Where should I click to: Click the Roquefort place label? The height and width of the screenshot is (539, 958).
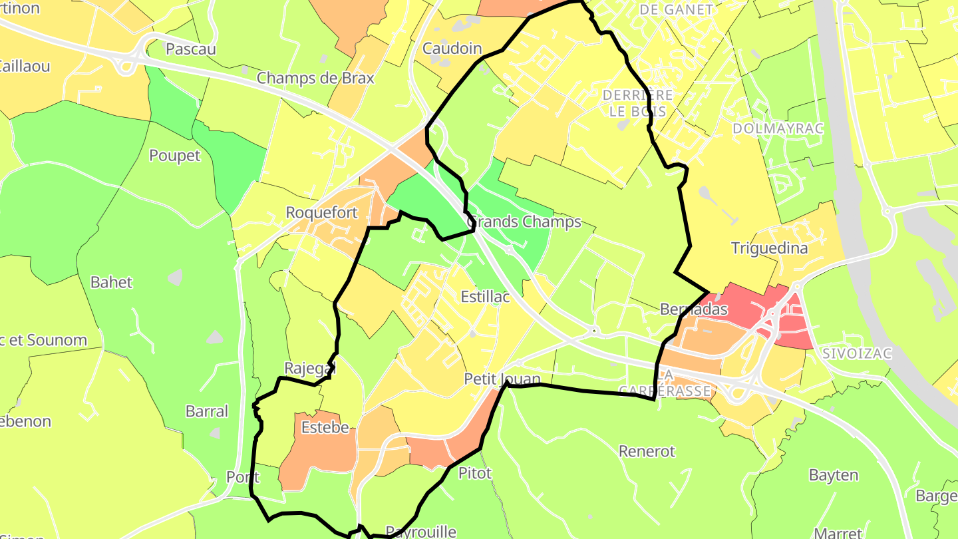tap(321, 213)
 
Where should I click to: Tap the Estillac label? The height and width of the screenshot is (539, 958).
tap(485, 297)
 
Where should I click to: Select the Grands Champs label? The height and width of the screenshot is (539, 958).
tap(524, 222)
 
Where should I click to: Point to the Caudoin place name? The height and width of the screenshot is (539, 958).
tap(452, 49)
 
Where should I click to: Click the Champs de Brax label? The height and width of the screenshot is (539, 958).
tap(315, 78)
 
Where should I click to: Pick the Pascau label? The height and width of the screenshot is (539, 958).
tap(191, 49)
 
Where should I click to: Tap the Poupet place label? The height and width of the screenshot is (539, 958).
tap(174, 156)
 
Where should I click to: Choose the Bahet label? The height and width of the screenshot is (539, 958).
tap(111, 282)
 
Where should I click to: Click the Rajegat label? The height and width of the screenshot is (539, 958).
tap(310, 368)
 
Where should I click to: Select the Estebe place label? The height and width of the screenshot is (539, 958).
tap(325, 427)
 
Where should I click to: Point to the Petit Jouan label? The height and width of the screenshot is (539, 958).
tap(502, 379)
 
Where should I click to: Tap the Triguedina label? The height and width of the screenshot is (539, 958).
tap(769, 249)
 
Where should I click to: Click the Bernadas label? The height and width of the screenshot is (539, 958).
tap(694, 309)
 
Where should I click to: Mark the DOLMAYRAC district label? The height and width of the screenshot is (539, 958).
tap(778, 128)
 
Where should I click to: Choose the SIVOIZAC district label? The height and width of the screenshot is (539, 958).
tap(856, 353)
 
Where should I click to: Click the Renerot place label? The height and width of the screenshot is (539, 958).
tap(647, 451)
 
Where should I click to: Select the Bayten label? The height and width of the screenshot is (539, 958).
tap(834, 475)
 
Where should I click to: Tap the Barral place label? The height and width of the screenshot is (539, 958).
tap(207, 411)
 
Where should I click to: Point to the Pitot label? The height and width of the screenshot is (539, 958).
tap(475, 473)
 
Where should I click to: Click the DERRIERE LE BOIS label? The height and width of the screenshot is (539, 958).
tap(637, 103)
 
